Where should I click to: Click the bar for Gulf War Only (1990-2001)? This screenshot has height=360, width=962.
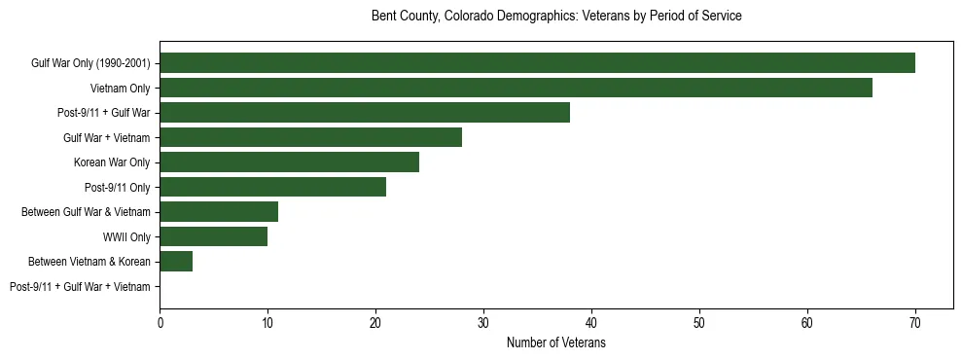537,63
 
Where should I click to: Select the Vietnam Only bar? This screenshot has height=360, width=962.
516,89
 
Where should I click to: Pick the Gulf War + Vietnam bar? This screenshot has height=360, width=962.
310,137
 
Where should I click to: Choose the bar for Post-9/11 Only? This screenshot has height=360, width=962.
272,187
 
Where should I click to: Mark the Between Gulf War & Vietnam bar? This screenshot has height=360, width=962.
219,212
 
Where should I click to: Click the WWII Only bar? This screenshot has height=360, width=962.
213,236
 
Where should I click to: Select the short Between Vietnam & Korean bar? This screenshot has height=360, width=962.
176,261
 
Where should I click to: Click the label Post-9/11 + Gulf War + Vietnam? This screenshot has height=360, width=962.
80,286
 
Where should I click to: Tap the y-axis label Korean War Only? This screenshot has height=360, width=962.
112,162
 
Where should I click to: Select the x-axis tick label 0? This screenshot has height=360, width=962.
160,324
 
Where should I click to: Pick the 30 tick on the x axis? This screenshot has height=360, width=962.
483,324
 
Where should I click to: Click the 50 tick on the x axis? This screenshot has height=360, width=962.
699,324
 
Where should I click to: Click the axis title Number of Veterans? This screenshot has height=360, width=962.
556,343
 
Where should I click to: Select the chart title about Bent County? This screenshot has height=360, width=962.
556,17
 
